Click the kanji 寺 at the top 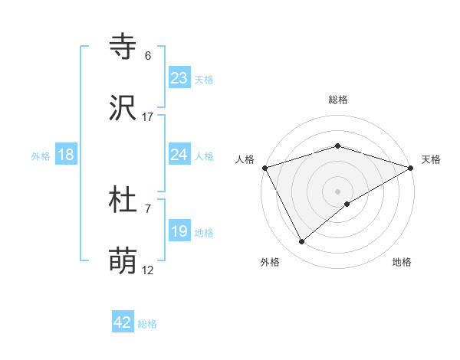coord(123,47)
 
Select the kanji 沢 coord(123,109)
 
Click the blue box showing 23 coord(179,77)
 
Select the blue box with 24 coord(179,155)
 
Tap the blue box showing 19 coord(179,231)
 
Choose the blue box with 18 coord(66,155)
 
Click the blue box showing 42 coord(123,322)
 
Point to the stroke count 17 coord(148,117)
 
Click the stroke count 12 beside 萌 coord(148,270)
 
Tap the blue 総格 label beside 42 coord(147,324)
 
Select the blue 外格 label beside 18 coord(41,156)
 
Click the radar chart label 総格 coord(338,100)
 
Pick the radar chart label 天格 coord(432,159)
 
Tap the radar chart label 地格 coord(402,262)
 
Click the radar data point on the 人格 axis coord(265,168)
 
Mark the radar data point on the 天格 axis coord(411,168)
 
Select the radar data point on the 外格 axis coord(302,241)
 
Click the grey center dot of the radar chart coord(338,191)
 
